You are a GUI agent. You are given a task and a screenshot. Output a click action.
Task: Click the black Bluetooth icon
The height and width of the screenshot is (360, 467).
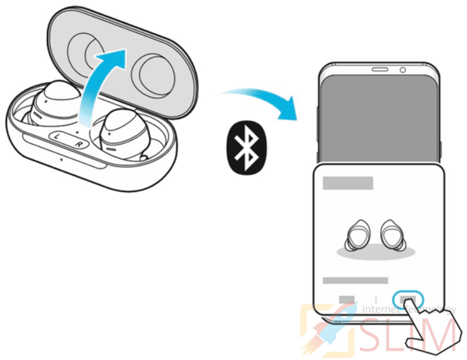(x=245, y=148)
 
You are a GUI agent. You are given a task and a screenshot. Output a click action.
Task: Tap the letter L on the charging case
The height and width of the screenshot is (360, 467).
(x=57, y=136)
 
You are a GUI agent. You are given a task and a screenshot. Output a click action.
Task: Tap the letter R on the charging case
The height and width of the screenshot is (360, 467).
(x=79, y=143)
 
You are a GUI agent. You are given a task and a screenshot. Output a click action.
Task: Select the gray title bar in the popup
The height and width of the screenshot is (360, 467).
(x=348, y=184)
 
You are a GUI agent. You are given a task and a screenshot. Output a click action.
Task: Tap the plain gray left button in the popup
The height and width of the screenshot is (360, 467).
(x=347, y=299)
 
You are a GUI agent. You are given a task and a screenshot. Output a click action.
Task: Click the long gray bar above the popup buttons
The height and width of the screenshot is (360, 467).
(x=355, y=280)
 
